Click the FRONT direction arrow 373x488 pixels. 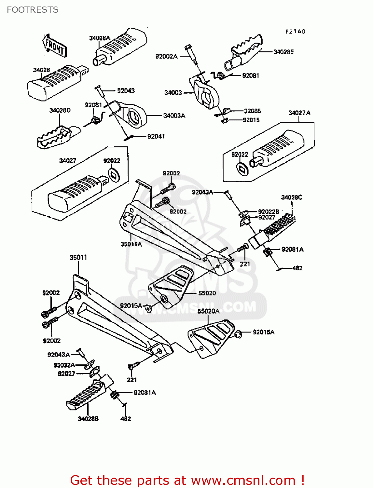pyautogui.click(x=54, y=46)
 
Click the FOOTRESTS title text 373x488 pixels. pyautogui.click(x=33, y=10)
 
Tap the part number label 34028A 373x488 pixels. pyautogui.click(x=100, y=38)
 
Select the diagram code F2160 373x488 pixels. pyautogui.click(x=295, y=32)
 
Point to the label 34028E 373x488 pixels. pyautogui.click(x=283, y=52)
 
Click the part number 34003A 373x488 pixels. pyautogui.click(x=174, y=115)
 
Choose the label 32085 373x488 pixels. pyautogui.click(x=252, y=111)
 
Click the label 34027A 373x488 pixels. pyautogui.click(x=299, y=113)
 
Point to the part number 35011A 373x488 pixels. pyautogui.click(x=131, y=244)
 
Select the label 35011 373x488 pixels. pyautogui.click(x=78, y=257)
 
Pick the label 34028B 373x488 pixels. pyautogui.click(x=88, y=419)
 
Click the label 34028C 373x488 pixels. pyautogui.click(x=291, y=197)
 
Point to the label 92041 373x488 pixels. pyautogui.click(x=156, y=136)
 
